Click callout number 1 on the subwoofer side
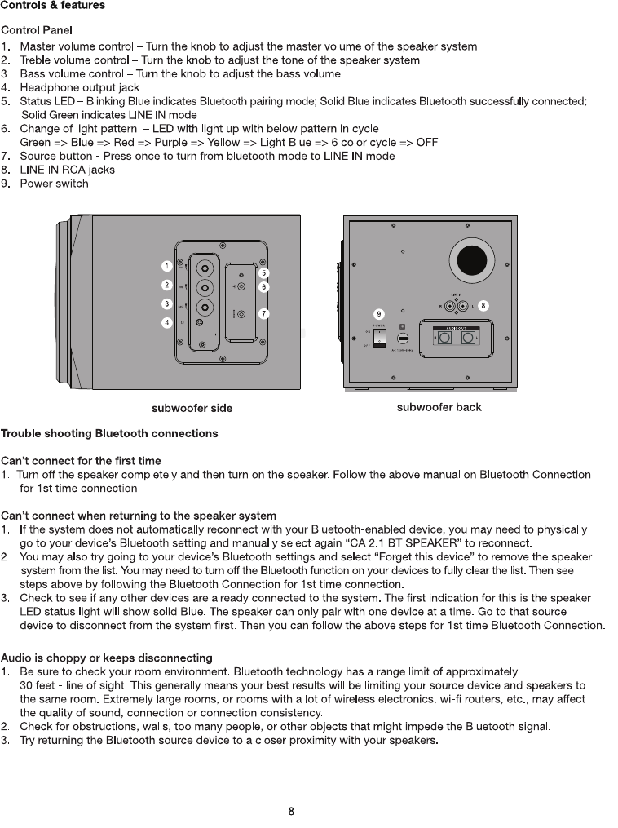[166, 266]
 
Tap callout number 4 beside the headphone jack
[166, 323]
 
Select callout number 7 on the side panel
[264, 313]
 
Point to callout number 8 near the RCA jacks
[483, 305]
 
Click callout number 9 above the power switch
[378, 313]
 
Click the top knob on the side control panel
[205, 267]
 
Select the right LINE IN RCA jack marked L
[463, 307]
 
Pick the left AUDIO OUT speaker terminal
[444, 338]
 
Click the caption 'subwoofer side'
[192, 408]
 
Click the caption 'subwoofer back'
[439, 407]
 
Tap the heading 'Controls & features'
[52, 6]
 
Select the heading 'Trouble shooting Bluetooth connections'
[109, 433]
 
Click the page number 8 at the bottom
[291, 812]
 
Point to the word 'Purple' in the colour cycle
[171, 143]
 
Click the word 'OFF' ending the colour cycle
[426, 143]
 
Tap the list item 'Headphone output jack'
[79, 87]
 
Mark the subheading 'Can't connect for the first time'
[81, 461]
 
